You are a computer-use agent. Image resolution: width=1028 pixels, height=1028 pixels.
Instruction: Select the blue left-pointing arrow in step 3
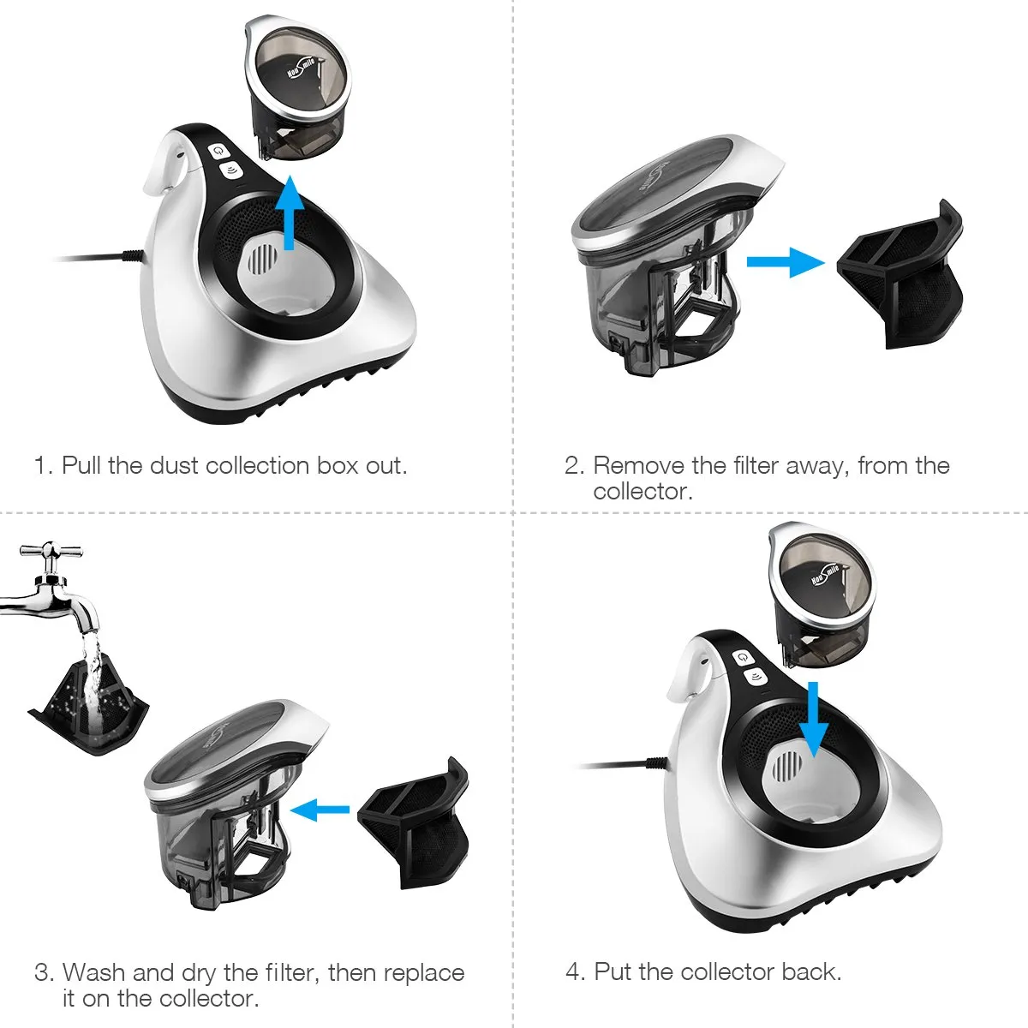(320, 809)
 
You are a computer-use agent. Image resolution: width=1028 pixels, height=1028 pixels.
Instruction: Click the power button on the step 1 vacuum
(219, 149)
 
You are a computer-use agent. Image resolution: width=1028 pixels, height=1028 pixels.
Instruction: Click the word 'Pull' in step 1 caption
(82, 466)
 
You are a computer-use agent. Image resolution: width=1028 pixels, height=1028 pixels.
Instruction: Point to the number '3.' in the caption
(44, 973)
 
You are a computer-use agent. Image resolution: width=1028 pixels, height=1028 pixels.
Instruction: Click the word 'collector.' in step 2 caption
(642, 492)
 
